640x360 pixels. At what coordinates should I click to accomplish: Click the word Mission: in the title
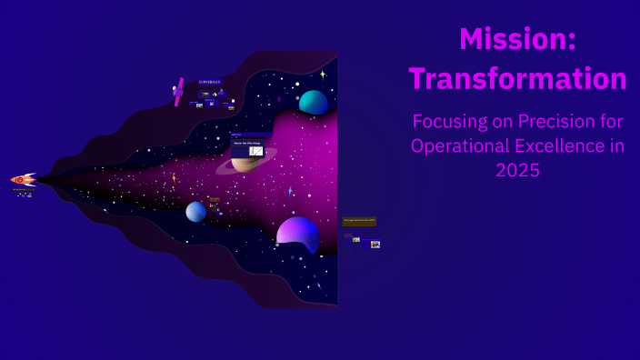[517, 39]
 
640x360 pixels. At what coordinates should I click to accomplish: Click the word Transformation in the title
[517, 78]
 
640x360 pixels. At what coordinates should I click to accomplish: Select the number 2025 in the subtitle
[517, 170]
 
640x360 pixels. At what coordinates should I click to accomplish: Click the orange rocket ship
[23, 180]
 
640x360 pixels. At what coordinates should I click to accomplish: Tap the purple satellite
[178, 91]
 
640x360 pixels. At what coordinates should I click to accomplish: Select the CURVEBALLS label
[209, 82]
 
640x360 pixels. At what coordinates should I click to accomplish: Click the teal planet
[314, 103]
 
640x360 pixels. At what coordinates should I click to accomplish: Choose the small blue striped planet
[195, 212]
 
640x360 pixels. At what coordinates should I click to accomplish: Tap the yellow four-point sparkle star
[323, 75]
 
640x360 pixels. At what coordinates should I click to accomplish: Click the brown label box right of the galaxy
[359, 221]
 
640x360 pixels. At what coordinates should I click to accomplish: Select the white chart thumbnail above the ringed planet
[256, 151]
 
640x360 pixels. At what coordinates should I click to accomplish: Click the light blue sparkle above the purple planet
[290, 192]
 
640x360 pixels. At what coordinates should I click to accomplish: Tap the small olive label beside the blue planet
[215, 200]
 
